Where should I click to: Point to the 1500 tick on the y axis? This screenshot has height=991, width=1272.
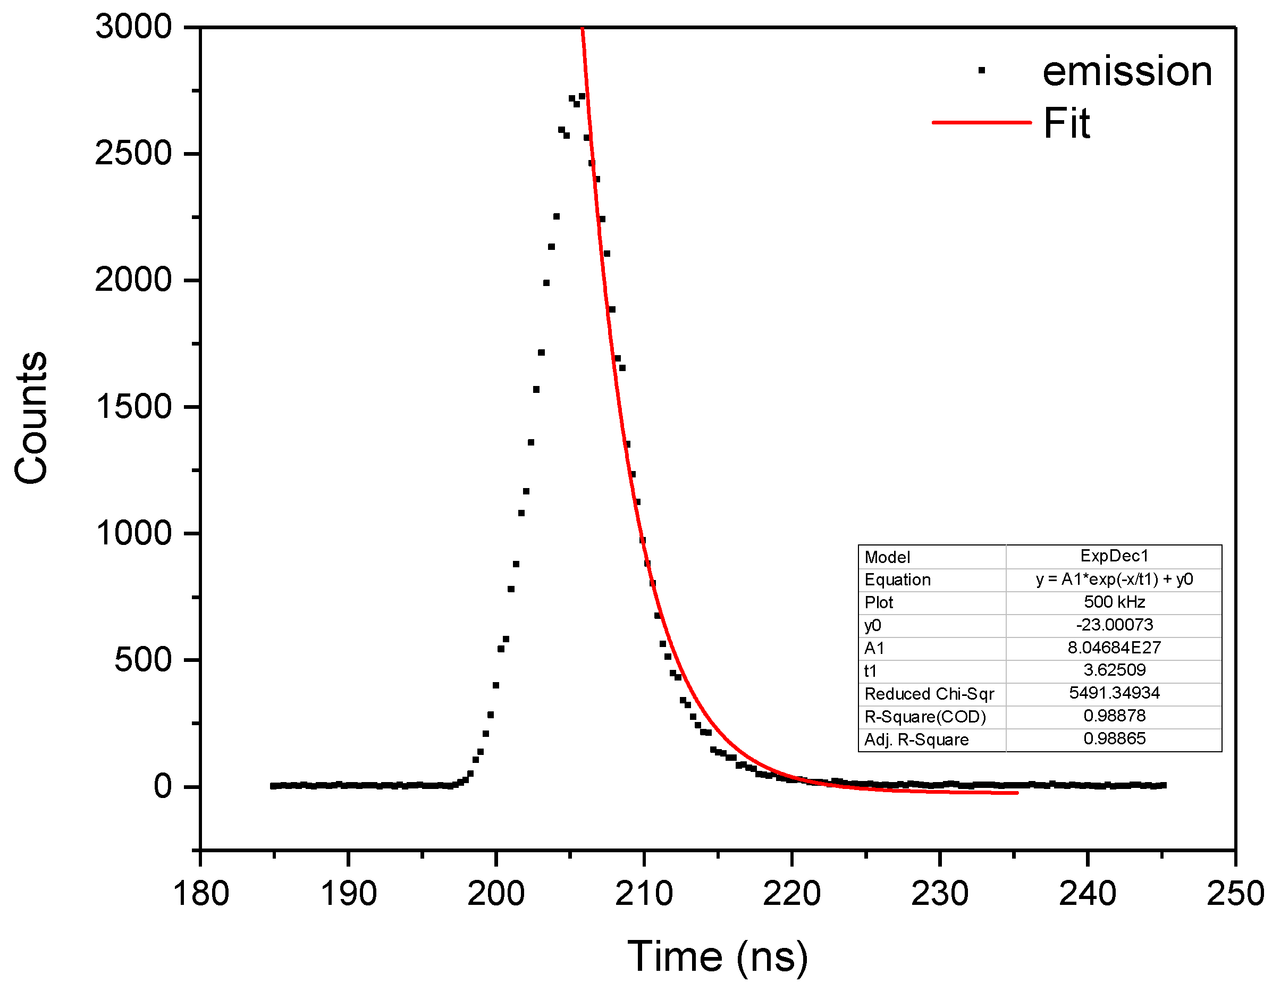pos(133,407)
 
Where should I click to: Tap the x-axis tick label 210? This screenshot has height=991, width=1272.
pos(644,894)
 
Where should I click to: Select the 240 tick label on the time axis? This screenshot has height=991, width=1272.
pos(1088,894)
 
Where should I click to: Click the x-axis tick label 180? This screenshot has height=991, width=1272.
pos(201,894)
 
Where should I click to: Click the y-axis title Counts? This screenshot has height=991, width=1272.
pos(31,418)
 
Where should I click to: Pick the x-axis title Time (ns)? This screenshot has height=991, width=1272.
pos(718,956)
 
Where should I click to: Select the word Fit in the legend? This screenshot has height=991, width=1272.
pos(1066,123)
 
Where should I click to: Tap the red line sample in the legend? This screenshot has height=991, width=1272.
pos(981,122)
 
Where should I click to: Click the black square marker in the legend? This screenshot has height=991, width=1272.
pos(981,71)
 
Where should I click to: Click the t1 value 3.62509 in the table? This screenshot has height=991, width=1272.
pos(1114,670)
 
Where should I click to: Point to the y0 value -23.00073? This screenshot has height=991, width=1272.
pos(1114,625)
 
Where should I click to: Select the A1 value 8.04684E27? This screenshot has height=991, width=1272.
pos(1114,647)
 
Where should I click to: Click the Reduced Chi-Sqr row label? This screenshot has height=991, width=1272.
pos(929,694)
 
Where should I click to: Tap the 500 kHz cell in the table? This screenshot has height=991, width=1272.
pos(1114,602)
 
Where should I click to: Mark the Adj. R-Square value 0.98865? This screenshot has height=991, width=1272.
pos(1114,739)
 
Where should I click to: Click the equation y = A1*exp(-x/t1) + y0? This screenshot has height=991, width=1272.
pos(1114,579)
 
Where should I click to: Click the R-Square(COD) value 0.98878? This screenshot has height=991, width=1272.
pos(1114,716)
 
